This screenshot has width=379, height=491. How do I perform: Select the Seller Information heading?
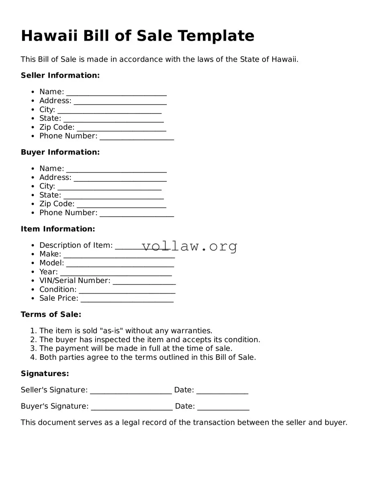coord(60,75)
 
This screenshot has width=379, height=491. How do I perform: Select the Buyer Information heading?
coord(60,152)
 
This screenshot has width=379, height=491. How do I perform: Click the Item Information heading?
coord(58,229)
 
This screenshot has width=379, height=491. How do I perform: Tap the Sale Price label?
coord(59,298)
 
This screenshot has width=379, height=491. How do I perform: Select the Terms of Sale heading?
coord(51,314)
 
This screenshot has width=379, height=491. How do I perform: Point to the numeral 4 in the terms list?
coord(33,357)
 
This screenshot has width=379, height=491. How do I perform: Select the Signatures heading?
coord(45,374)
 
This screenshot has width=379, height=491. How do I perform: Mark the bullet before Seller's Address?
coord(33,101)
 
